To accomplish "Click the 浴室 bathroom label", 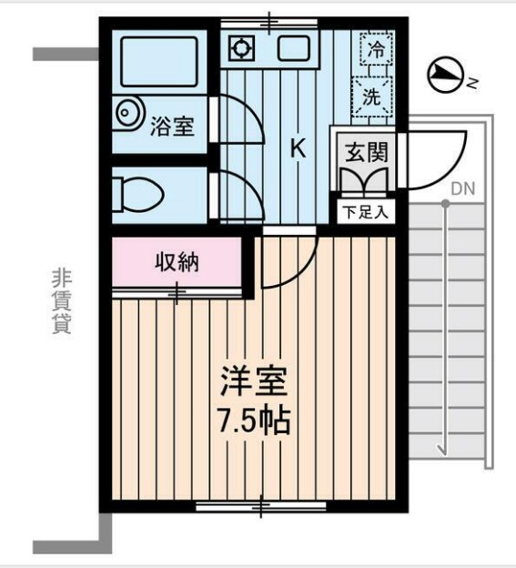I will point(172,125).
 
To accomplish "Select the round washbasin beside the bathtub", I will point(128,112).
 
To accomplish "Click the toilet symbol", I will point(137,193).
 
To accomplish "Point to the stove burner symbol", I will point(242,48).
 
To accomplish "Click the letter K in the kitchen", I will point(297,148).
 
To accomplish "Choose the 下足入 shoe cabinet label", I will point(366,213).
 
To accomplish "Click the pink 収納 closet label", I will point(177,263).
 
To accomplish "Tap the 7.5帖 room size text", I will point(252,421).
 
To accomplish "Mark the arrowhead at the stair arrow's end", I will point(443,448).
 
